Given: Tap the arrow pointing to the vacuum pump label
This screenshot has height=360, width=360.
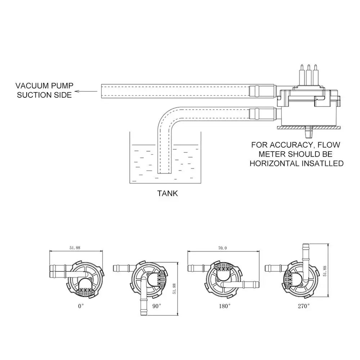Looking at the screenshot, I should pyautogui.click(x=87, y=91).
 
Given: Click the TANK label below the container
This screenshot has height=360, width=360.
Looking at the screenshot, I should pyautogui.click(x=167, y=193).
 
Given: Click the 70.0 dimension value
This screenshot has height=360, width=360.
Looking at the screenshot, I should pyautogui.click(x=222, y=248).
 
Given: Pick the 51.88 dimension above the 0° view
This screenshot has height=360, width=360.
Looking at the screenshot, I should pyautogui.click(x=75, y=248).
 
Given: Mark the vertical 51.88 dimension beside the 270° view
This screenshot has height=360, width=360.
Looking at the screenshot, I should pyautogui.click(x=325, y=271).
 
